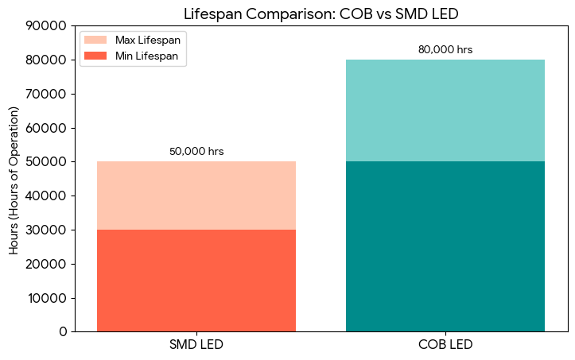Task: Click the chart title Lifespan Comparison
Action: pos(322,13)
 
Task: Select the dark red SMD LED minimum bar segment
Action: pos(196,280)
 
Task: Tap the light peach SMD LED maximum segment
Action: pos(196,195)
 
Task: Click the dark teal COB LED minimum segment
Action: pos(445,246)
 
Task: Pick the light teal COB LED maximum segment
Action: pos(445,110)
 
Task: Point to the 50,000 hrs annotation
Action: pos(196,151)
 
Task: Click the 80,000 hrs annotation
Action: pos(445,49)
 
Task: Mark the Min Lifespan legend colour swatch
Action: pos(95,56)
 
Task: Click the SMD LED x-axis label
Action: pos(196,345)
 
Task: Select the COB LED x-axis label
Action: pos(445,345)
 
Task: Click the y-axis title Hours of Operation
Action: pos(14,179)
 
